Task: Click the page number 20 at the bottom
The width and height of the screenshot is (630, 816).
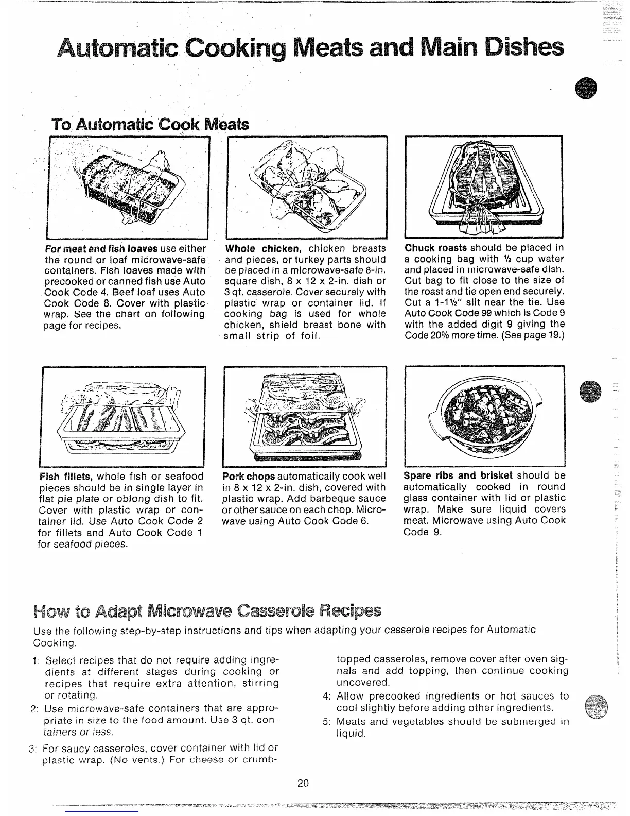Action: pyautogui.click(x=303, y=784)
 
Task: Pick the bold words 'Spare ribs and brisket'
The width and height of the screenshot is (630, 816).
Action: pyautogui.click(x=458, y=475)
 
